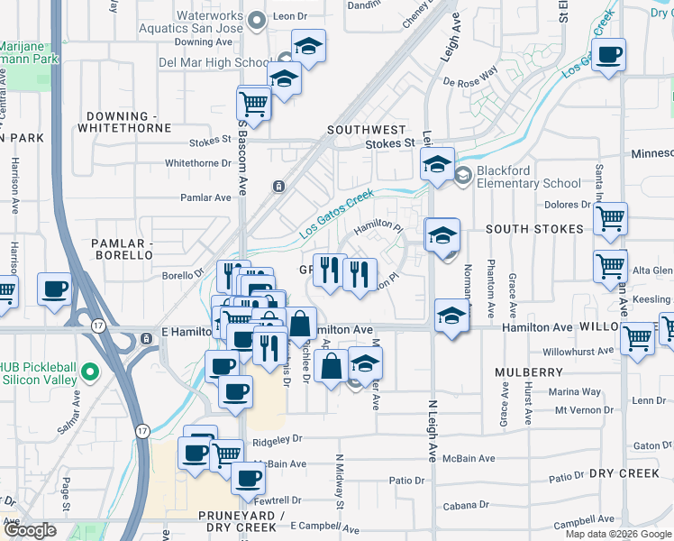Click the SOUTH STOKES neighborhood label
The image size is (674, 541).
(534, 229)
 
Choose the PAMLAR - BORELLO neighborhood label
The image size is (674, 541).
(123, 250)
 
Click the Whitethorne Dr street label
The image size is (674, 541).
(198, 163)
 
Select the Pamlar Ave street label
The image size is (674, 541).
(205, 197)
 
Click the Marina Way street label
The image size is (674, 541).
(577, 391)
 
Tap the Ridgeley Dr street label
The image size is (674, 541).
(276, 439)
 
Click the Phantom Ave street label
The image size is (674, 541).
(491, 287)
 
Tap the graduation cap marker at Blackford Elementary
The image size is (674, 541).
(437, 164)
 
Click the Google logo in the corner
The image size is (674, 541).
(30, 530)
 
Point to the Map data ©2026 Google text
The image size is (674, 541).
(618, 534)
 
